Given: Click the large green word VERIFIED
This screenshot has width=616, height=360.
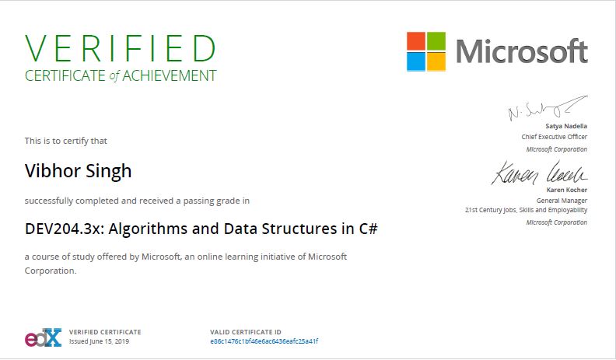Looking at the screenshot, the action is click(x=121, y=48).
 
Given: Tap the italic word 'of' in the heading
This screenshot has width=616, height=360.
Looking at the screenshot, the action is click(x=114, y=75).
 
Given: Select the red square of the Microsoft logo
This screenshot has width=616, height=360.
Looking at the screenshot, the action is click(x=416, y=41).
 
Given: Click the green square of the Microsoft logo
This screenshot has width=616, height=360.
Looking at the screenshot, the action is click(x=436, y=41).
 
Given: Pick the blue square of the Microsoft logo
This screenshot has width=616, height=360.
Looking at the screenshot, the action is click(x=416, y=61).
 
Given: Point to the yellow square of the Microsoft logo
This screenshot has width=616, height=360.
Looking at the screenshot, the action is click(x=436, y=61).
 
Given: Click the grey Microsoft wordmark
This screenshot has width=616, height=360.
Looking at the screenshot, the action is click(x=522, y=51).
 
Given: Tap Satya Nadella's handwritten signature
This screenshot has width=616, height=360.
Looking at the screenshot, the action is click(x=548, y=107).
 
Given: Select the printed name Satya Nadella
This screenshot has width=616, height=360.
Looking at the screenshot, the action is click(x=566, y=126).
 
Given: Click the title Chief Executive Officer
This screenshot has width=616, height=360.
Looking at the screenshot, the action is click(x=555, y=137).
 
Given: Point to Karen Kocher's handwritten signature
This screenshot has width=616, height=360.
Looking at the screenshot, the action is click(x=539, y=173).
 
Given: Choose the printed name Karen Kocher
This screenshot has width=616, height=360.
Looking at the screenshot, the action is click(x=567, y=190).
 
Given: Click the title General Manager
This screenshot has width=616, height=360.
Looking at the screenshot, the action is click(x=562, y=201).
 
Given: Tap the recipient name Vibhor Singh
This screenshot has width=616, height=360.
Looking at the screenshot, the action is click(x=79, y=171).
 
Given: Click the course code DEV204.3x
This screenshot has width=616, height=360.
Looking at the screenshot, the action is click(x=64, y=229).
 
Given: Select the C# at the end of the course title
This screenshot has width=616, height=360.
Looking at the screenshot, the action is click(x=368, y=229).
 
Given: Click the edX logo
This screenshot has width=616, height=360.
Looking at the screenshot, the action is click(x=44, y=337).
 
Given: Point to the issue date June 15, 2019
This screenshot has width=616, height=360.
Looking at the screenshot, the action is click(x=109, y=341).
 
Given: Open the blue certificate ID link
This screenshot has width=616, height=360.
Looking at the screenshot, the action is click(x=264, y=341).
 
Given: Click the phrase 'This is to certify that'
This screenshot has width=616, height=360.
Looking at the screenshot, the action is click(x=65, y=141).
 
